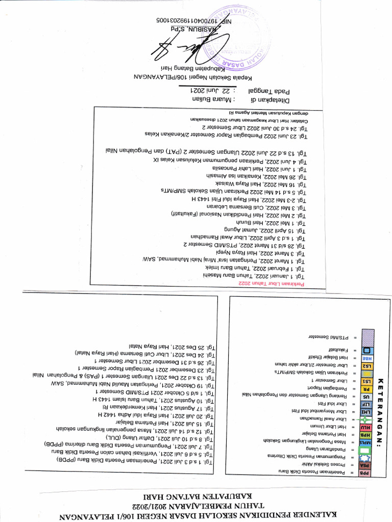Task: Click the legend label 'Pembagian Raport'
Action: pyautogui.click(x=326, y=388)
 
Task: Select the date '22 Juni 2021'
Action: pyautogui.click(x=205, y=90)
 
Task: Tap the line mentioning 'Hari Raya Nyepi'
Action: pyautogui.click(x=261, y=253)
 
